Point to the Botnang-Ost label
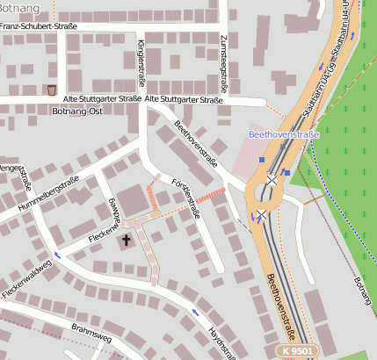click(x=77, y=112)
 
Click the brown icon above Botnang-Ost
click(x=53, y=90)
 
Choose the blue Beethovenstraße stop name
click(x=283, y=134)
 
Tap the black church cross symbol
click(x=126, y=239)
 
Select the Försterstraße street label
click(x=185, y=198)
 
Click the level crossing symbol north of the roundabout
click(x=272, y=180)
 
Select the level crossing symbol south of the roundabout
click(x=260, y=215)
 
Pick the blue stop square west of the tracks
click(x=261, y=159)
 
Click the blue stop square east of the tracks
click(x=286, y=172)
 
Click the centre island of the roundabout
click(x=265, y=197)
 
